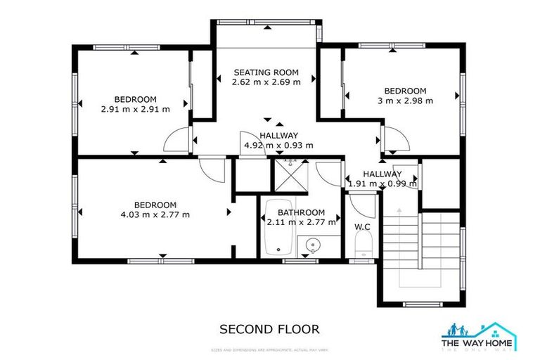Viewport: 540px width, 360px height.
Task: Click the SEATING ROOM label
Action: click(266, 72)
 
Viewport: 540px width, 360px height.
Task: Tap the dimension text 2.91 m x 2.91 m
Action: click(136, 109)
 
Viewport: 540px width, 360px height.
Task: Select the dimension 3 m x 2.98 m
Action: click(404, 101)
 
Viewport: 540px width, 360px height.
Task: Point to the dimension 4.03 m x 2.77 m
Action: click(155, 214)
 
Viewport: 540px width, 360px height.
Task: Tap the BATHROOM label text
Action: click(301, 212)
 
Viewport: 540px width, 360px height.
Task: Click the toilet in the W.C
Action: click(363, 247)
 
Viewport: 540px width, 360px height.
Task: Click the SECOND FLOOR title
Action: click(269, 328)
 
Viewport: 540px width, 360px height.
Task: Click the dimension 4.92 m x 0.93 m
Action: click(278, 146)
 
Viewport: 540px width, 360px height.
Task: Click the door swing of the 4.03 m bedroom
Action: click(210, 168)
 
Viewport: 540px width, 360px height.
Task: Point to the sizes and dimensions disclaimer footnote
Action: click(269, 349)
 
